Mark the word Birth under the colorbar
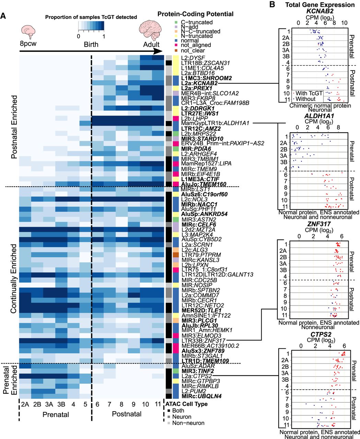pos(91,45)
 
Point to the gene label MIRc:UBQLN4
pos(197,396)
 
